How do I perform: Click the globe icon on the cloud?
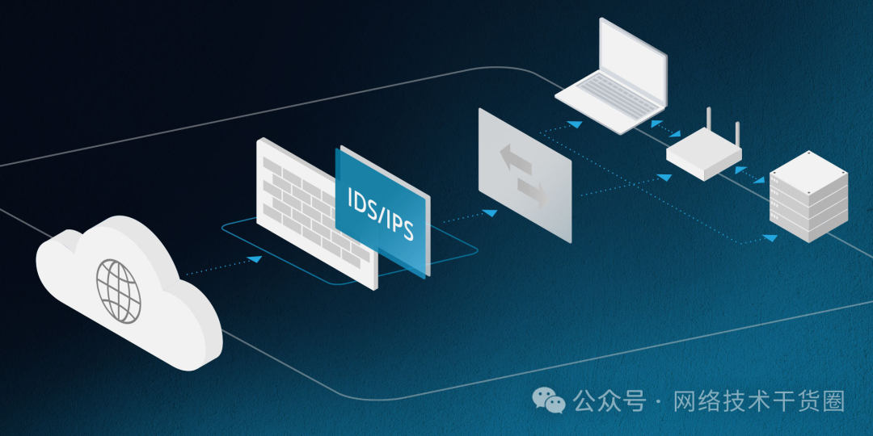[x=119, y=290]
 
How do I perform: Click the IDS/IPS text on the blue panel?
[x=380, y=213]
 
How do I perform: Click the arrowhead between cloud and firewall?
[x=255, y=258]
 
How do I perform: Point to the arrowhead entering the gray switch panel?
[x=489, y=212]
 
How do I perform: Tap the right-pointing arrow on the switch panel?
[x=533, y=193]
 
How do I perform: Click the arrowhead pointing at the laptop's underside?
[x=574, y=124]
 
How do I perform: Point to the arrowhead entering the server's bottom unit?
[x=771, y=238]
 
